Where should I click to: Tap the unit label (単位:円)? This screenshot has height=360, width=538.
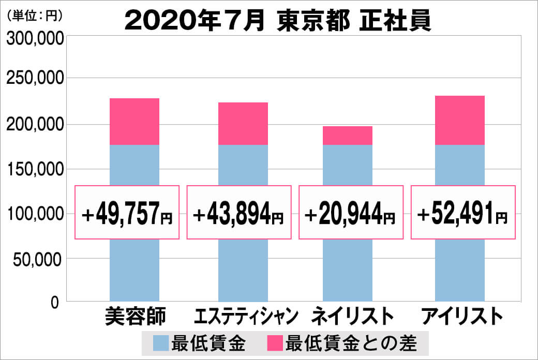(x=35, y=16)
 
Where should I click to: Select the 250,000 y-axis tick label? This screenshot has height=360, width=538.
(x=35, y=80)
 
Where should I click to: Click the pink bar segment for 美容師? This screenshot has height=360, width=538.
(x=134, y=122)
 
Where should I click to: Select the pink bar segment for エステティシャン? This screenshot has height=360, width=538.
(x=243, y=124)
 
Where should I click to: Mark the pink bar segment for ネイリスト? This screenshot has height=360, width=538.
(x=347, y=136)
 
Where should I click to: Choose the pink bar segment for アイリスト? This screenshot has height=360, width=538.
(x=459, y=120)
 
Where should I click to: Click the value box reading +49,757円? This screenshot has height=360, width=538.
(x=127, y=212)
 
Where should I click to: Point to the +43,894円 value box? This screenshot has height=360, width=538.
(x=238, y=212)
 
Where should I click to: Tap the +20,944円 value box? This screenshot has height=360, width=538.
(x=351, y=212)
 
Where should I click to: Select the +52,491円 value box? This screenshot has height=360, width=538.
(x=463, y=212)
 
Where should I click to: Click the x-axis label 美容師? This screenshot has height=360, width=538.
(x=135, y=316)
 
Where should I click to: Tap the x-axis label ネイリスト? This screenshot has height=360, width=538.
(x=349, y=316)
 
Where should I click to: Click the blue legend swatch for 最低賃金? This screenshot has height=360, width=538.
(x=161, y=342)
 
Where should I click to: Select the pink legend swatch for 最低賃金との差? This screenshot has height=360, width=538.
(x=275, y=342)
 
